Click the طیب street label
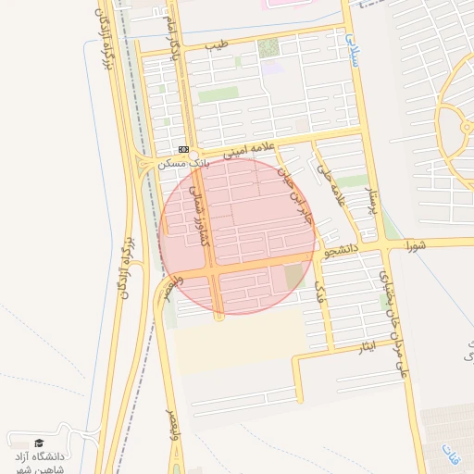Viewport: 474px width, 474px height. (x=215, y=44)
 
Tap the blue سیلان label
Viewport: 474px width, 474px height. (x=353, y=49)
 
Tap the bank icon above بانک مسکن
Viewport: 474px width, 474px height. (x=183, y=148)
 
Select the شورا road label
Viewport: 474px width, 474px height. (x=416, y=245)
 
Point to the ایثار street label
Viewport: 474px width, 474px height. (x=367, y=347)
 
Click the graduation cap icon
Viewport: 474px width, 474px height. (x=38, y=443)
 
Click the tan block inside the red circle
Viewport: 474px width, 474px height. (x=293, y=276)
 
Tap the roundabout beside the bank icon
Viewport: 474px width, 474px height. (x=143, y=165)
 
